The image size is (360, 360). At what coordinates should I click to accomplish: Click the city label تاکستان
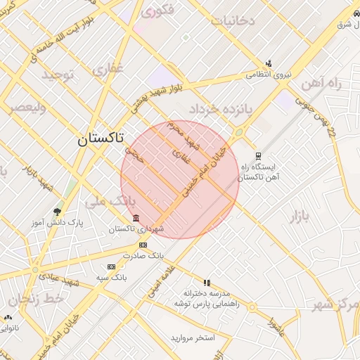(x=101, y=139)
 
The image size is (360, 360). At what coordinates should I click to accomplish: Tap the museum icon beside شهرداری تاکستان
(x=136, y=218)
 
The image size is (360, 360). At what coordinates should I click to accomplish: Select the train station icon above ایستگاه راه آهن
(x=259, y=156)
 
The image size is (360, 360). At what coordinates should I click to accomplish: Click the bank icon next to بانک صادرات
(x=143, y=245)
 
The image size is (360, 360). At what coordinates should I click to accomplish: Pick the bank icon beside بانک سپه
(x=111, y=266)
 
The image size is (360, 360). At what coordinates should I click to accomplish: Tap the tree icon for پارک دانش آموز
(x=57, y=210)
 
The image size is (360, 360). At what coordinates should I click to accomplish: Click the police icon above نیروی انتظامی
(x=268, y=63)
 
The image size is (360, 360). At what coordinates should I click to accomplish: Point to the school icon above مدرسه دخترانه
(x=206, y=282)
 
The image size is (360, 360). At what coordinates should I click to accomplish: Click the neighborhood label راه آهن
(x=321, y=84)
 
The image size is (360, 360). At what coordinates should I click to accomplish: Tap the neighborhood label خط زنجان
(x=37, y=300)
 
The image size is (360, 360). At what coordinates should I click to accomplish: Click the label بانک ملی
(x=102, y=202)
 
